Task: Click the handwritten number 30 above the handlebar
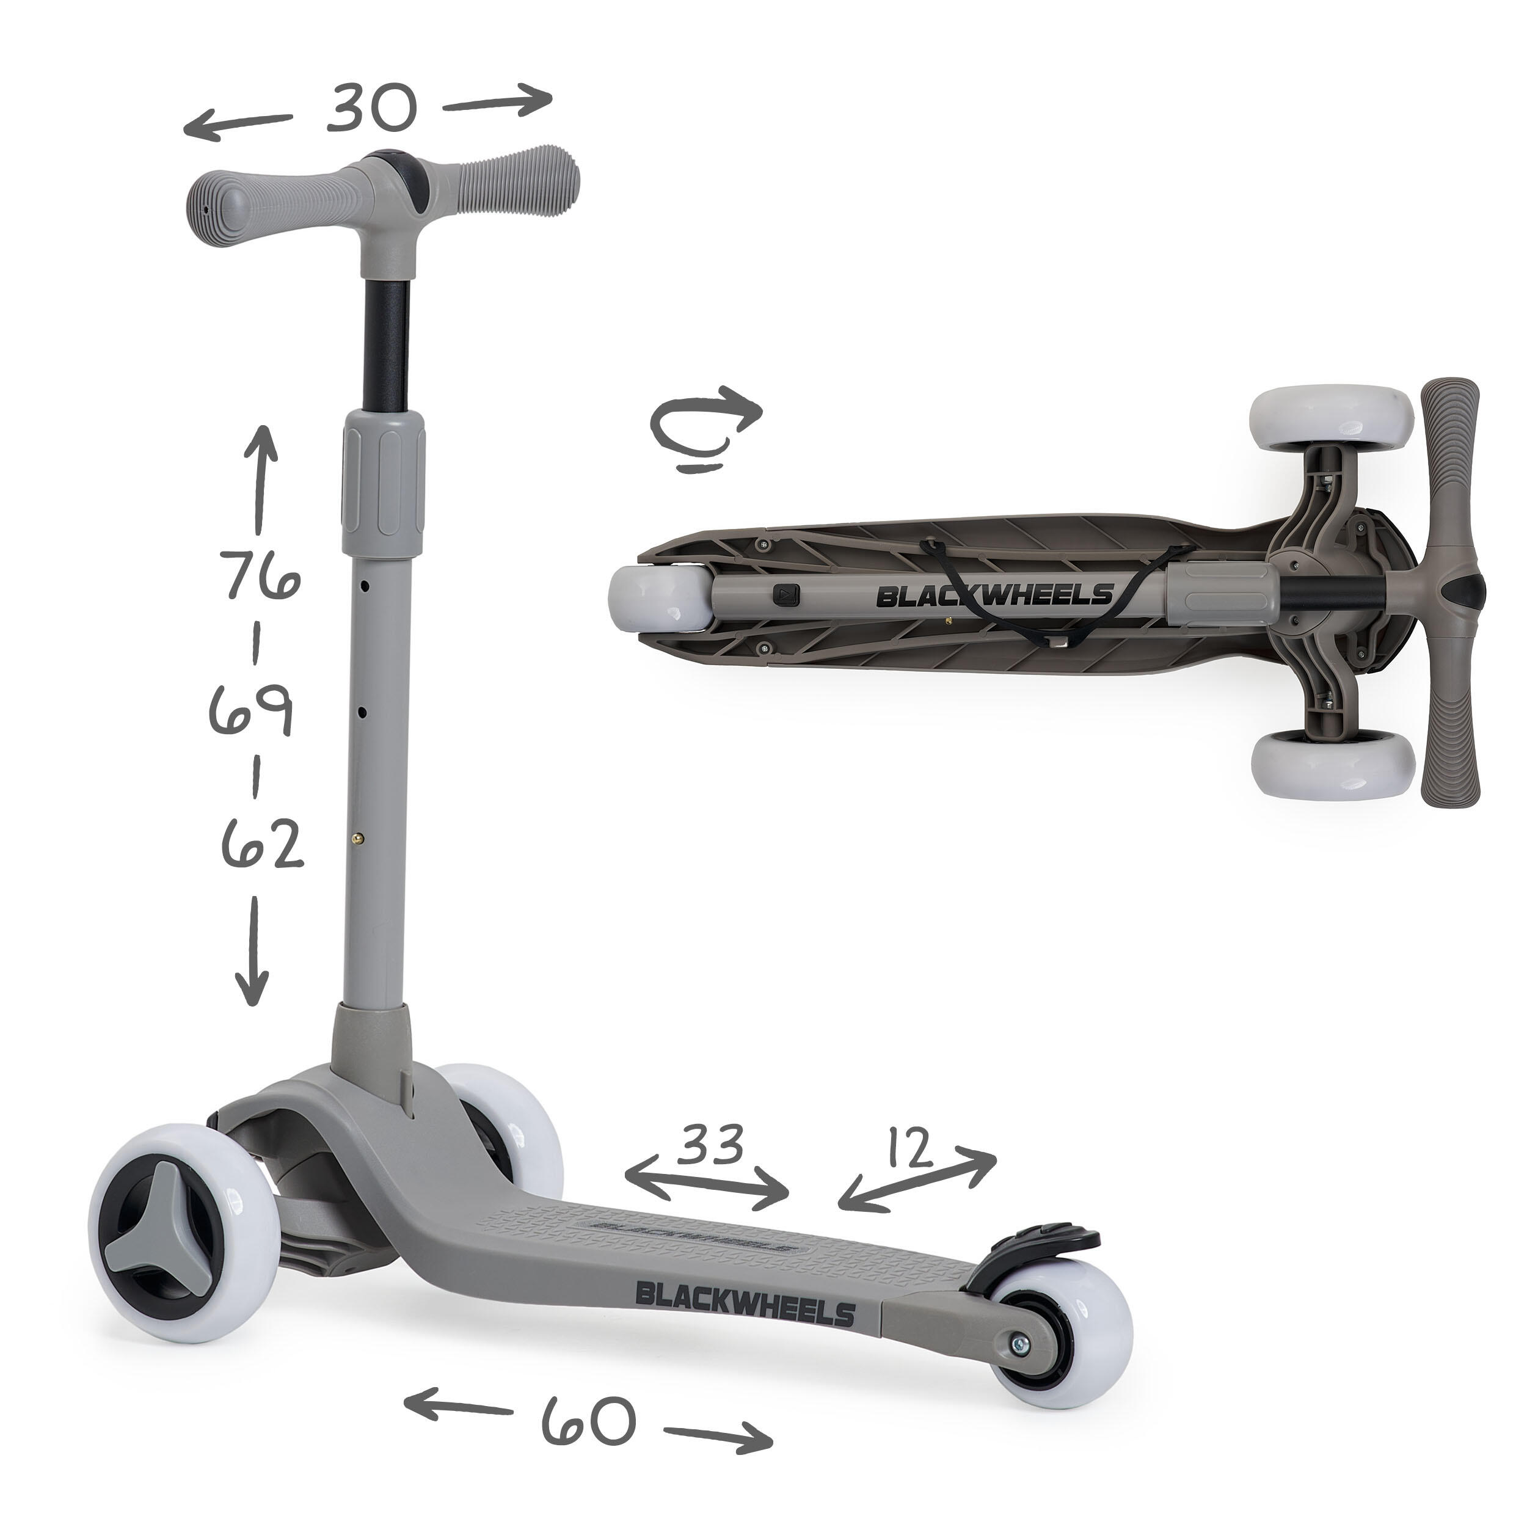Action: (370, 108)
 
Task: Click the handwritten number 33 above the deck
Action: (712, 1143)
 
